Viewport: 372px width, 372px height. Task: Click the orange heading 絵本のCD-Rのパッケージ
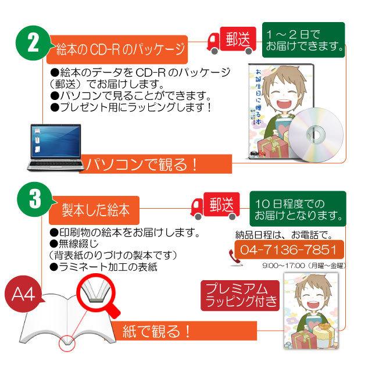(119, 49)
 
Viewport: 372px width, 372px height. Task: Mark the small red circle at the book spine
(68, 344)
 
